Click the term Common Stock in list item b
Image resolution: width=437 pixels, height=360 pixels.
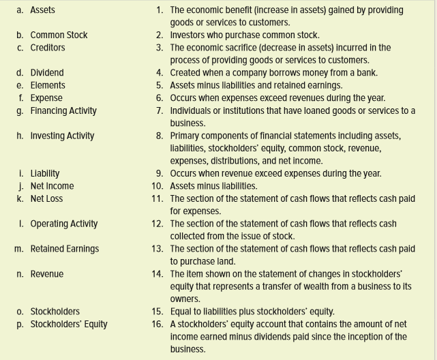coord(59,35)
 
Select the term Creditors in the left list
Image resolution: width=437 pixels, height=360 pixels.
coord(48,48)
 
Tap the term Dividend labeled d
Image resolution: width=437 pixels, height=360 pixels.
coord(47,73)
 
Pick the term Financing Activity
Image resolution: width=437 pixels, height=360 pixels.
coord(63,110)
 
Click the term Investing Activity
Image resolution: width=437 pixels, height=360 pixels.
coord(62,136)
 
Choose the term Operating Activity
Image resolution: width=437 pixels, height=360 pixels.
coord(64,224)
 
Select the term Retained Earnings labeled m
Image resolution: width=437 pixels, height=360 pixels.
coord(65,249)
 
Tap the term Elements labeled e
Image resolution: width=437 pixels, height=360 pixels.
coord(48,85)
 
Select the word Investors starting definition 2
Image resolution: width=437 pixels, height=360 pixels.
coord(187,35)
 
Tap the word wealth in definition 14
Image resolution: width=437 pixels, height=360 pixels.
coord(314,286)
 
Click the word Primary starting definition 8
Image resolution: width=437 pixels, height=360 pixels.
coord(185,136)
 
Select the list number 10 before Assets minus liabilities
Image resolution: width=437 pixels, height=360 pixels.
coord(157,186)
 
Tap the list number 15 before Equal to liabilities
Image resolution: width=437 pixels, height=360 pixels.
coord(157,312)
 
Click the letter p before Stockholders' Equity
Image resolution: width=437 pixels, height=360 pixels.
coord(19,325)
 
